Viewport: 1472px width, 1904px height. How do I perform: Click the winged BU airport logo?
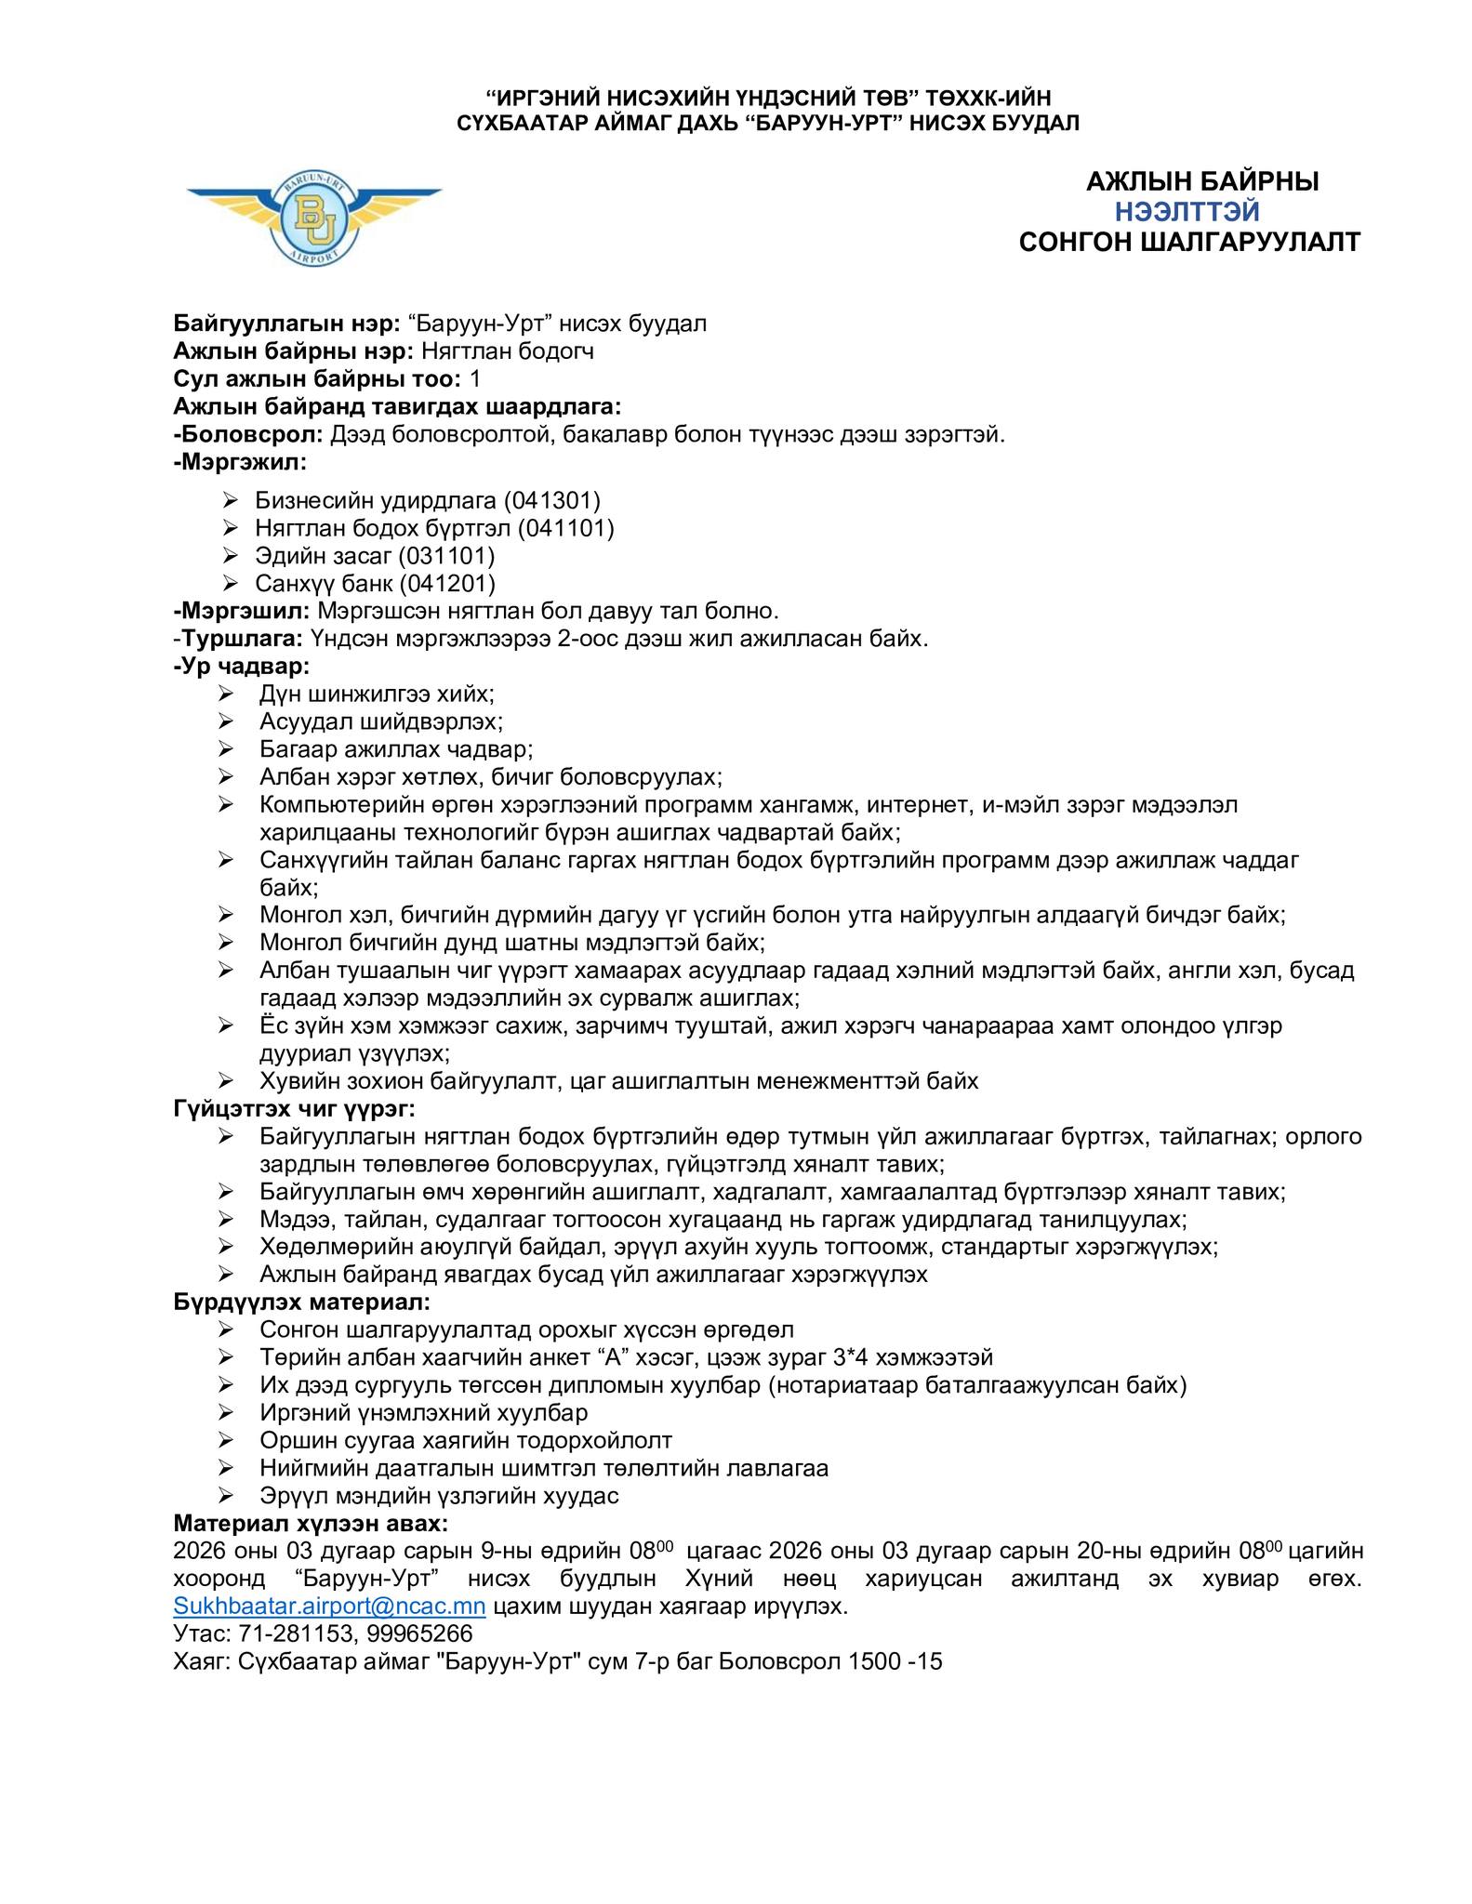tap(314, 216)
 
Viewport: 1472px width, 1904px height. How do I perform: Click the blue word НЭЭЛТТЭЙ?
tap(1187, 212)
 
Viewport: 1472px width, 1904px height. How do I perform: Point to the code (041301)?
tap(551, 500)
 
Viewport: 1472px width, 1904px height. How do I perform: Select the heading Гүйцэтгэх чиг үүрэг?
tap(294, 1108)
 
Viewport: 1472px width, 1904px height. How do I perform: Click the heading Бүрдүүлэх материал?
tap(302, 1302)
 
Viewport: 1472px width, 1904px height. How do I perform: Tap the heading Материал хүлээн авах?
tap(311, 1523)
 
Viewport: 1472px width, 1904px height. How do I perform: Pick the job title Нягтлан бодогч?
tap(508, 350)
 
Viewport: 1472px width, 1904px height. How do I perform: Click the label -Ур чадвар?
tap(242, 667)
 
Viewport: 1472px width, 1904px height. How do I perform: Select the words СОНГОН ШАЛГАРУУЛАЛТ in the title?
tap(1189, 242)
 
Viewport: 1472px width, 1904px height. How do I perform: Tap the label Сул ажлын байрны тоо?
tap(317, 378)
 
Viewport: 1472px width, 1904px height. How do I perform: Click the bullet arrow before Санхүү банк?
tap(232, 583)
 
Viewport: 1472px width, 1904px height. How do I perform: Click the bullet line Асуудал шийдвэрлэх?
tap(381, 721)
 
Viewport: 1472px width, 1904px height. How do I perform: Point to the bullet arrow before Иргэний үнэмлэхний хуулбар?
tap(226, 1413)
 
